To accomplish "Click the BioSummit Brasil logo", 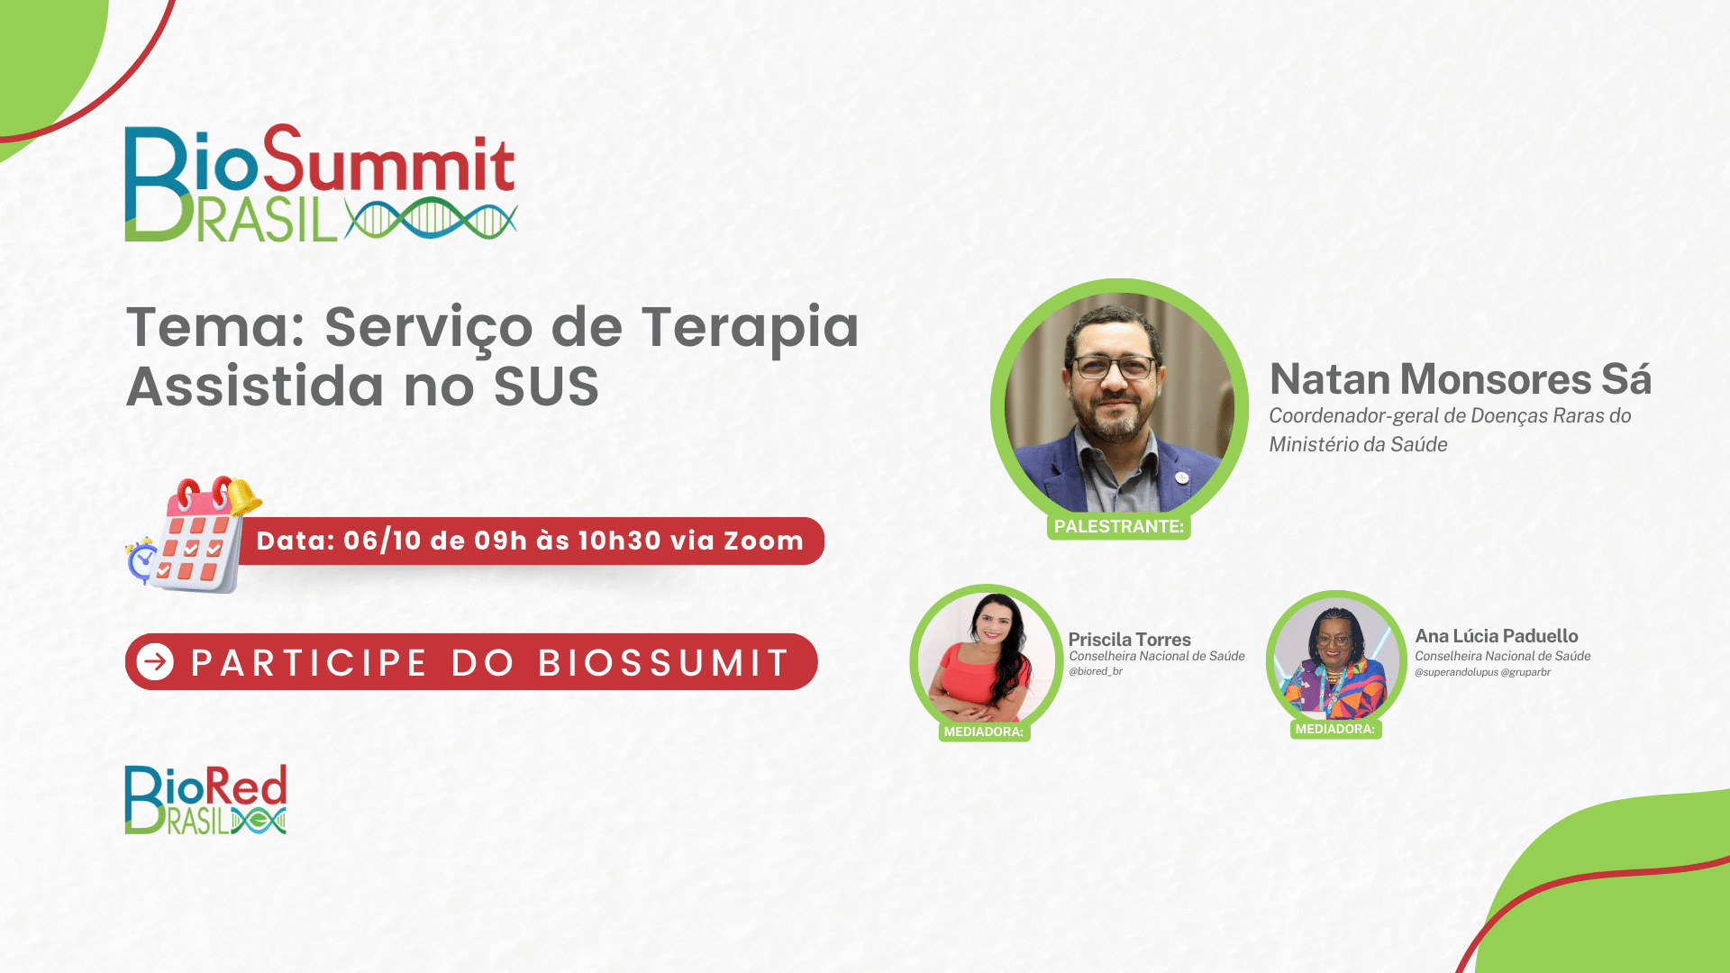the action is (321, 183).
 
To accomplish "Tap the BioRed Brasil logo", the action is (205, 799).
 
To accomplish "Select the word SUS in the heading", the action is (546, 386).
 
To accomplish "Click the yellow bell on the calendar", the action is (243, 496).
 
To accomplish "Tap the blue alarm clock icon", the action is (142, 560).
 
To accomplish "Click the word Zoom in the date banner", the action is (763, 541).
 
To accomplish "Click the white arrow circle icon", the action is (156, 662).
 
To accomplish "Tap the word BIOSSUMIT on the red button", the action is (664, 663).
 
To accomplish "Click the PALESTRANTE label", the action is (1119, 526).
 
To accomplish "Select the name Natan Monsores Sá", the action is (1461, 379).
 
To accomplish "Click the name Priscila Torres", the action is (1130, 640).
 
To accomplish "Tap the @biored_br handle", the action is (1096, 671).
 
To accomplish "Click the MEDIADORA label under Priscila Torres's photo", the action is (984, 732).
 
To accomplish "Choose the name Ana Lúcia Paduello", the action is (1497, 636).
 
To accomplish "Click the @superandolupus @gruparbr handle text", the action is (1482, 672).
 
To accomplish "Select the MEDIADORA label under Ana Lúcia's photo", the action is (1335, 729).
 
